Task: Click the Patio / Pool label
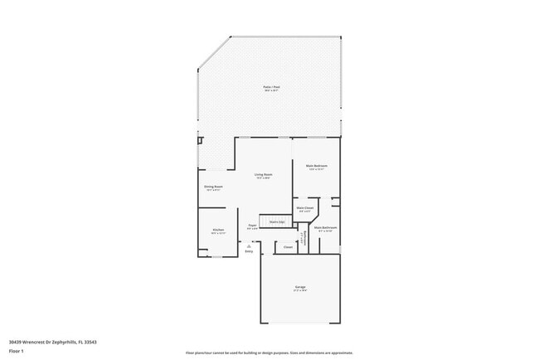[269, 87]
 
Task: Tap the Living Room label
[264, 175]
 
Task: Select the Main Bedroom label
[317, 167]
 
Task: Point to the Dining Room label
[213, 187]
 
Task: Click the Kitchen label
[217, 230]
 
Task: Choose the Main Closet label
[304, 208]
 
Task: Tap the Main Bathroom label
[324, 228]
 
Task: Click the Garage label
[299, 288]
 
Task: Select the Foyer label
[251, 225]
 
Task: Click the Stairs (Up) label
[277, 221]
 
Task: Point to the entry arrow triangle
[249, 245]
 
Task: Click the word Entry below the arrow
[249, 251]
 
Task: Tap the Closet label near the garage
[288, 246]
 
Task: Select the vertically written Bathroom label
[306, 239]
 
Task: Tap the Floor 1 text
[17, 350]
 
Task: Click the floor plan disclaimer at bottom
[269, 353]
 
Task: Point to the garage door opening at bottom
[300, 323]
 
